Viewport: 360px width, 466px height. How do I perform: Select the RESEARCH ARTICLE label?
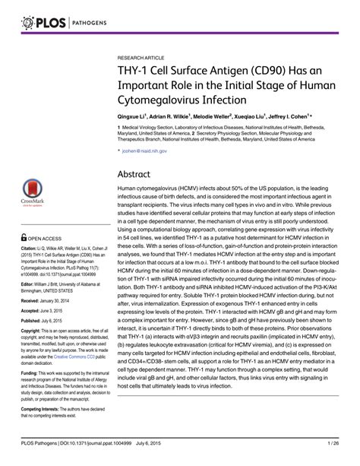click(x=142, y=57)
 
